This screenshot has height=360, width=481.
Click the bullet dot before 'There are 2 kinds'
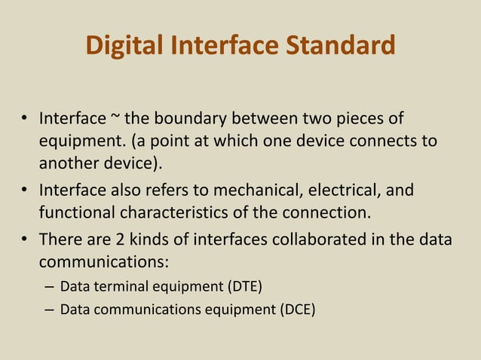[24, 238]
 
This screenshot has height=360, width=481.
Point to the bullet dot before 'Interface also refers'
[24, 191]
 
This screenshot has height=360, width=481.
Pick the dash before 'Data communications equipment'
[49, 308]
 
